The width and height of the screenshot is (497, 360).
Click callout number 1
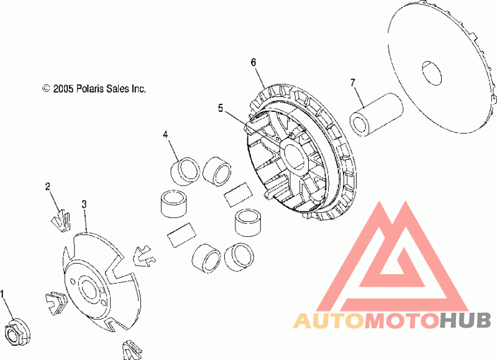[x=2, y=294]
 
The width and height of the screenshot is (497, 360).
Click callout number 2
[x=48, y=187]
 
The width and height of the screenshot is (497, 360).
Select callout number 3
[x=84, y=205]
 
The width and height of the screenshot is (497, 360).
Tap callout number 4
[x=165, y=134]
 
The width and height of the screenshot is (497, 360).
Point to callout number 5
[x=221, y=108]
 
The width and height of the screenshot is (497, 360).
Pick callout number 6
[x=253, y=62]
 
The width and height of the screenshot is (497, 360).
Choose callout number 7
[x=353, y=83]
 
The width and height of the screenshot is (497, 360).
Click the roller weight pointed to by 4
[x=185, y=170]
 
